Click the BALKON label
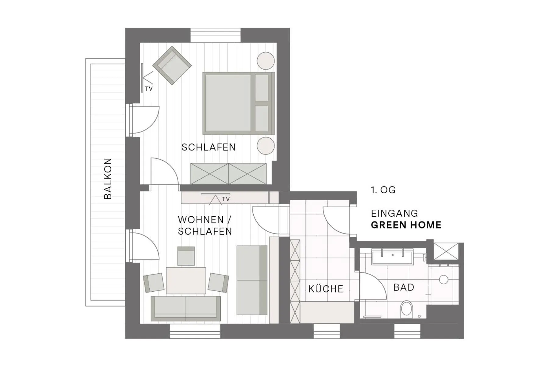[108, 179]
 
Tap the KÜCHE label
[326, 289]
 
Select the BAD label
[404, 287]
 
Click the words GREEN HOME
[406, 225]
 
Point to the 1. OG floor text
[383, 190]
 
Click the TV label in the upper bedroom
[149, 89]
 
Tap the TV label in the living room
[226, 199]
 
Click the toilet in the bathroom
[406, 308]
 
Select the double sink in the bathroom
[392, 257]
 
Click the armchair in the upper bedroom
[172, 65]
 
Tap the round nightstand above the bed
[266, 61]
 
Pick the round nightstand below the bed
[266, 146]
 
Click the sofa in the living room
[186, 308]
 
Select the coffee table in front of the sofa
[186, 281]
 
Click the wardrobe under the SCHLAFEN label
[228, 174]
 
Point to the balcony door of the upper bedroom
[143, 120]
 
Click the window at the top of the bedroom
[216, 35]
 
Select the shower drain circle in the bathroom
[443, 279]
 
